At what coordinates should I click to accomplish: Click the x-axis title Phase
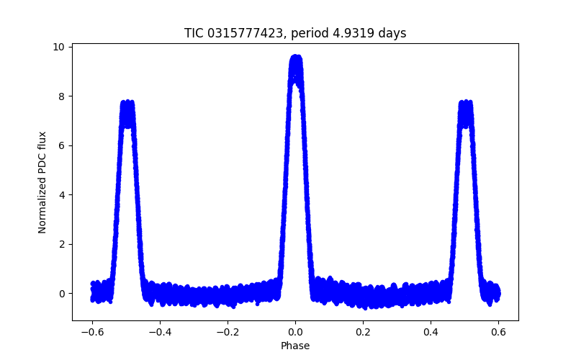[295, 346]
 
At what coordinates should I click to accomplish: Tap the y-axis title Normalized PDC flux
[42, 182]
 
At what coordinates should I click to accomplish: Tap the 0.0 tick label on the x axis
[295, 333]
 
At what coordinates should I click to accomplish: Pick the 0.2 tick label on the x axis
[363, 333]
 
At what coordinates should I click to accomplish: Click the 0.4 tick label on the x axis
[431, 333]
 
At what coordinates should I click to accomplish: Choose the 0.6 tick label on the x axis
[498, 333]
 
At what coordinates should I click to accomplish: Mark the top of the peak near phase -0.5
[127, 102]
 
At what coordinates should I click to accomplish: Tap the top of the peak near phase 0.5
[465, 102]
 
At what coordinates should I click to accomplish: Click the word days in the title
[392, 33]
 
